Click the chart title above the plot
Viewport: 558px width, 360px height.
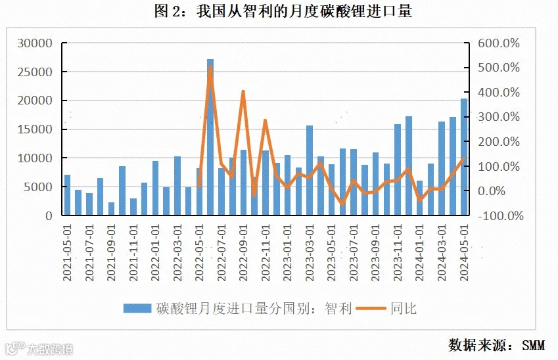[x=283, y=11]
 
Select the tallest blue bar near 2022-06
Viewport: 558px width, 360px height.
[x=210, y=137]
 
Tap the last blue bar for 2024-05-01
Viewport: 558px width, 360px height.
[x=464, y=157]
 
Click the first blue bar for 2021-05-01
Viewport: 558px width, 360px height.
[x=67, y=195]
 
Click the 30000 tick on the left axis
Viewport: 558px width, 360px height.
[x=35, y=43]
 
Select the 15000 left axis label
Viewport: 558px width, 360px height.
[x=35, y=129]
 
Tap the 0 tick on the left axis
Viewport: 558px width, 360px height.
[x=49, y=215]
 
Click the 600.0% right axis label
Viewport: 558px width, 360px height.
[x=499, y=43]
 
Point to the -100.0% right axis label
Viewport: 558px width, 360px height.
[x=500, y=215]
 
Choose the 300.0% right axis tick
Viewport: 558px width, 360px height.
[x=499, y=117]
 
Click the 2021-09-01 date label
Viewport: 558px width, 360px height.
[x=111, y=252]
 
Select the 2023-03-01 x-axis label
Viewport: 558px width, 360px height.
[x=310, y=252]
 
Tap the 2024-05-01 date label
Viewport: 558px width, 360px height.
[x=464, y=252]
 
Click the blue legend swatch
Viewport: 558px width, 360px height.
[x=137, y=308]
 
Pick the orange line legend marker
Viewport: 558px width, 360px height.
[x=371, y=308]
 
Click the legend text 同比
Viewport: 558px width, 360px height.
[x=403, y=308]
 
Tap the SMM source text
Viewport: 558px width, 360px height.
[x=533, y=345]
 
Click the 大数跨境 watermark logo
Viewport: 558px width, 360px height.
[x=39, y=349]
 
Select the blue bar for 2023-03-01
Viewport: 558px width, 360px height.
[x=310, y=170]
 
